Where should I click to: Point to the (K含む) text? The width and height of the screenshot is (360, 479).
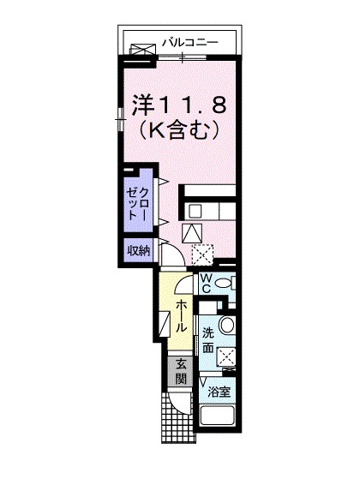tap(181, 131)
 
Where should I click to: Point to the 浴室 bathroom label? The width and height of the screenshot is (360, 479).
tap(219, 392)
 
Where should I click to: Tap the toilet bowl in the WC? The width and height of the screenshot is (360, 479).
tap(224, 284)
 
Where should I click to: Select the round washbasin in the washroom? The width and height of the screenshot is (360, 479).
tap(225, 326)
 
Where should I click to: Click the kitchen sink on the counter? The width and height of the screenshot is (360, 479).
tap(195, 210)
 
